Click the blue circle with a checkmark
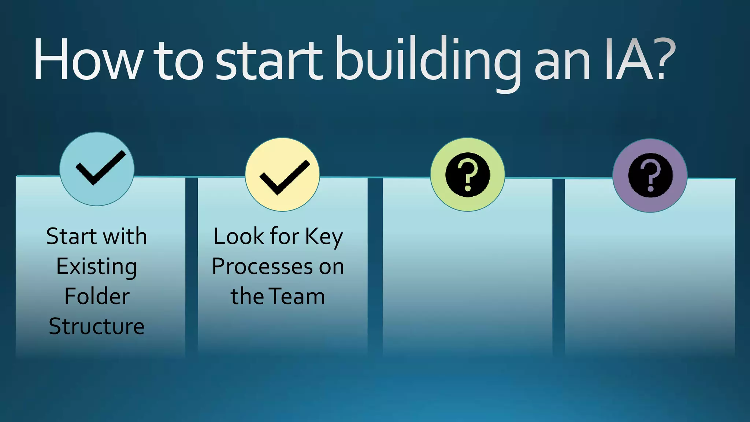97,169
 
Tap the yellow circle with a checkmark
282,174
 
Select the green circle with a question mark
468,174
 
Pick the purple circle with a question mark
650,175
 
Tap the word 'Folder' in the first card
97,296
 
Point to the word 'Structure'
97,326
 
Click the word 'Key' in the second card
324,237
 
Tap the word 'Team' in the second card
297,296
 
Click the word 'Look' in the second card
239,236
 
